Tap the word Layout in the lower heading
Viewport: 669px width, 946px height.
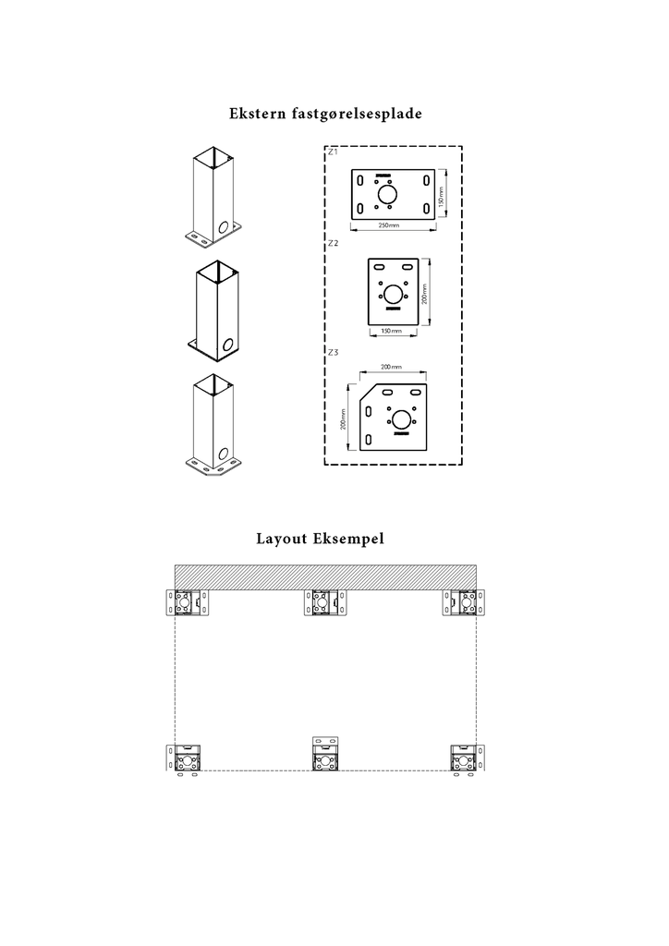click(x=283, y=539)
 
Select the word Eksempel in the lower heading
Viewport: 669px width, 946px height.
click(x=352, y=540)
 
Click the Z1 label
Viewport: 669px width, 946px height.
click(x=333, y=150)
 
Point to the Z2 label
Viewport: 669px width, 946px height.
click(x=333, y=243)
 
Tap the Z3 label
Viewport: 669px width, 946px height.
click(x=333, y=353)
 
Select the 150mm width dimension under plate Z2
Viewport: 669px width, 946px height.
click(x=393, y=331)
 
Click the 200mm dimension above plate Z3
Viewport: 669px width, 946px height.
click(x=392, y=367)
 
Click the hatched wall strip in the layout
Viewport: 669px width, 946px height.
click(x=325, y=576)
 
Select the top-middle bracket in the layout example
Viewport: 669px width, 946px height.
click(x=325, y=604)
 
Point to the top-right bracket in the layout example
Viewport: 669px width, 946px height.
click(x=466, y=604)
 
